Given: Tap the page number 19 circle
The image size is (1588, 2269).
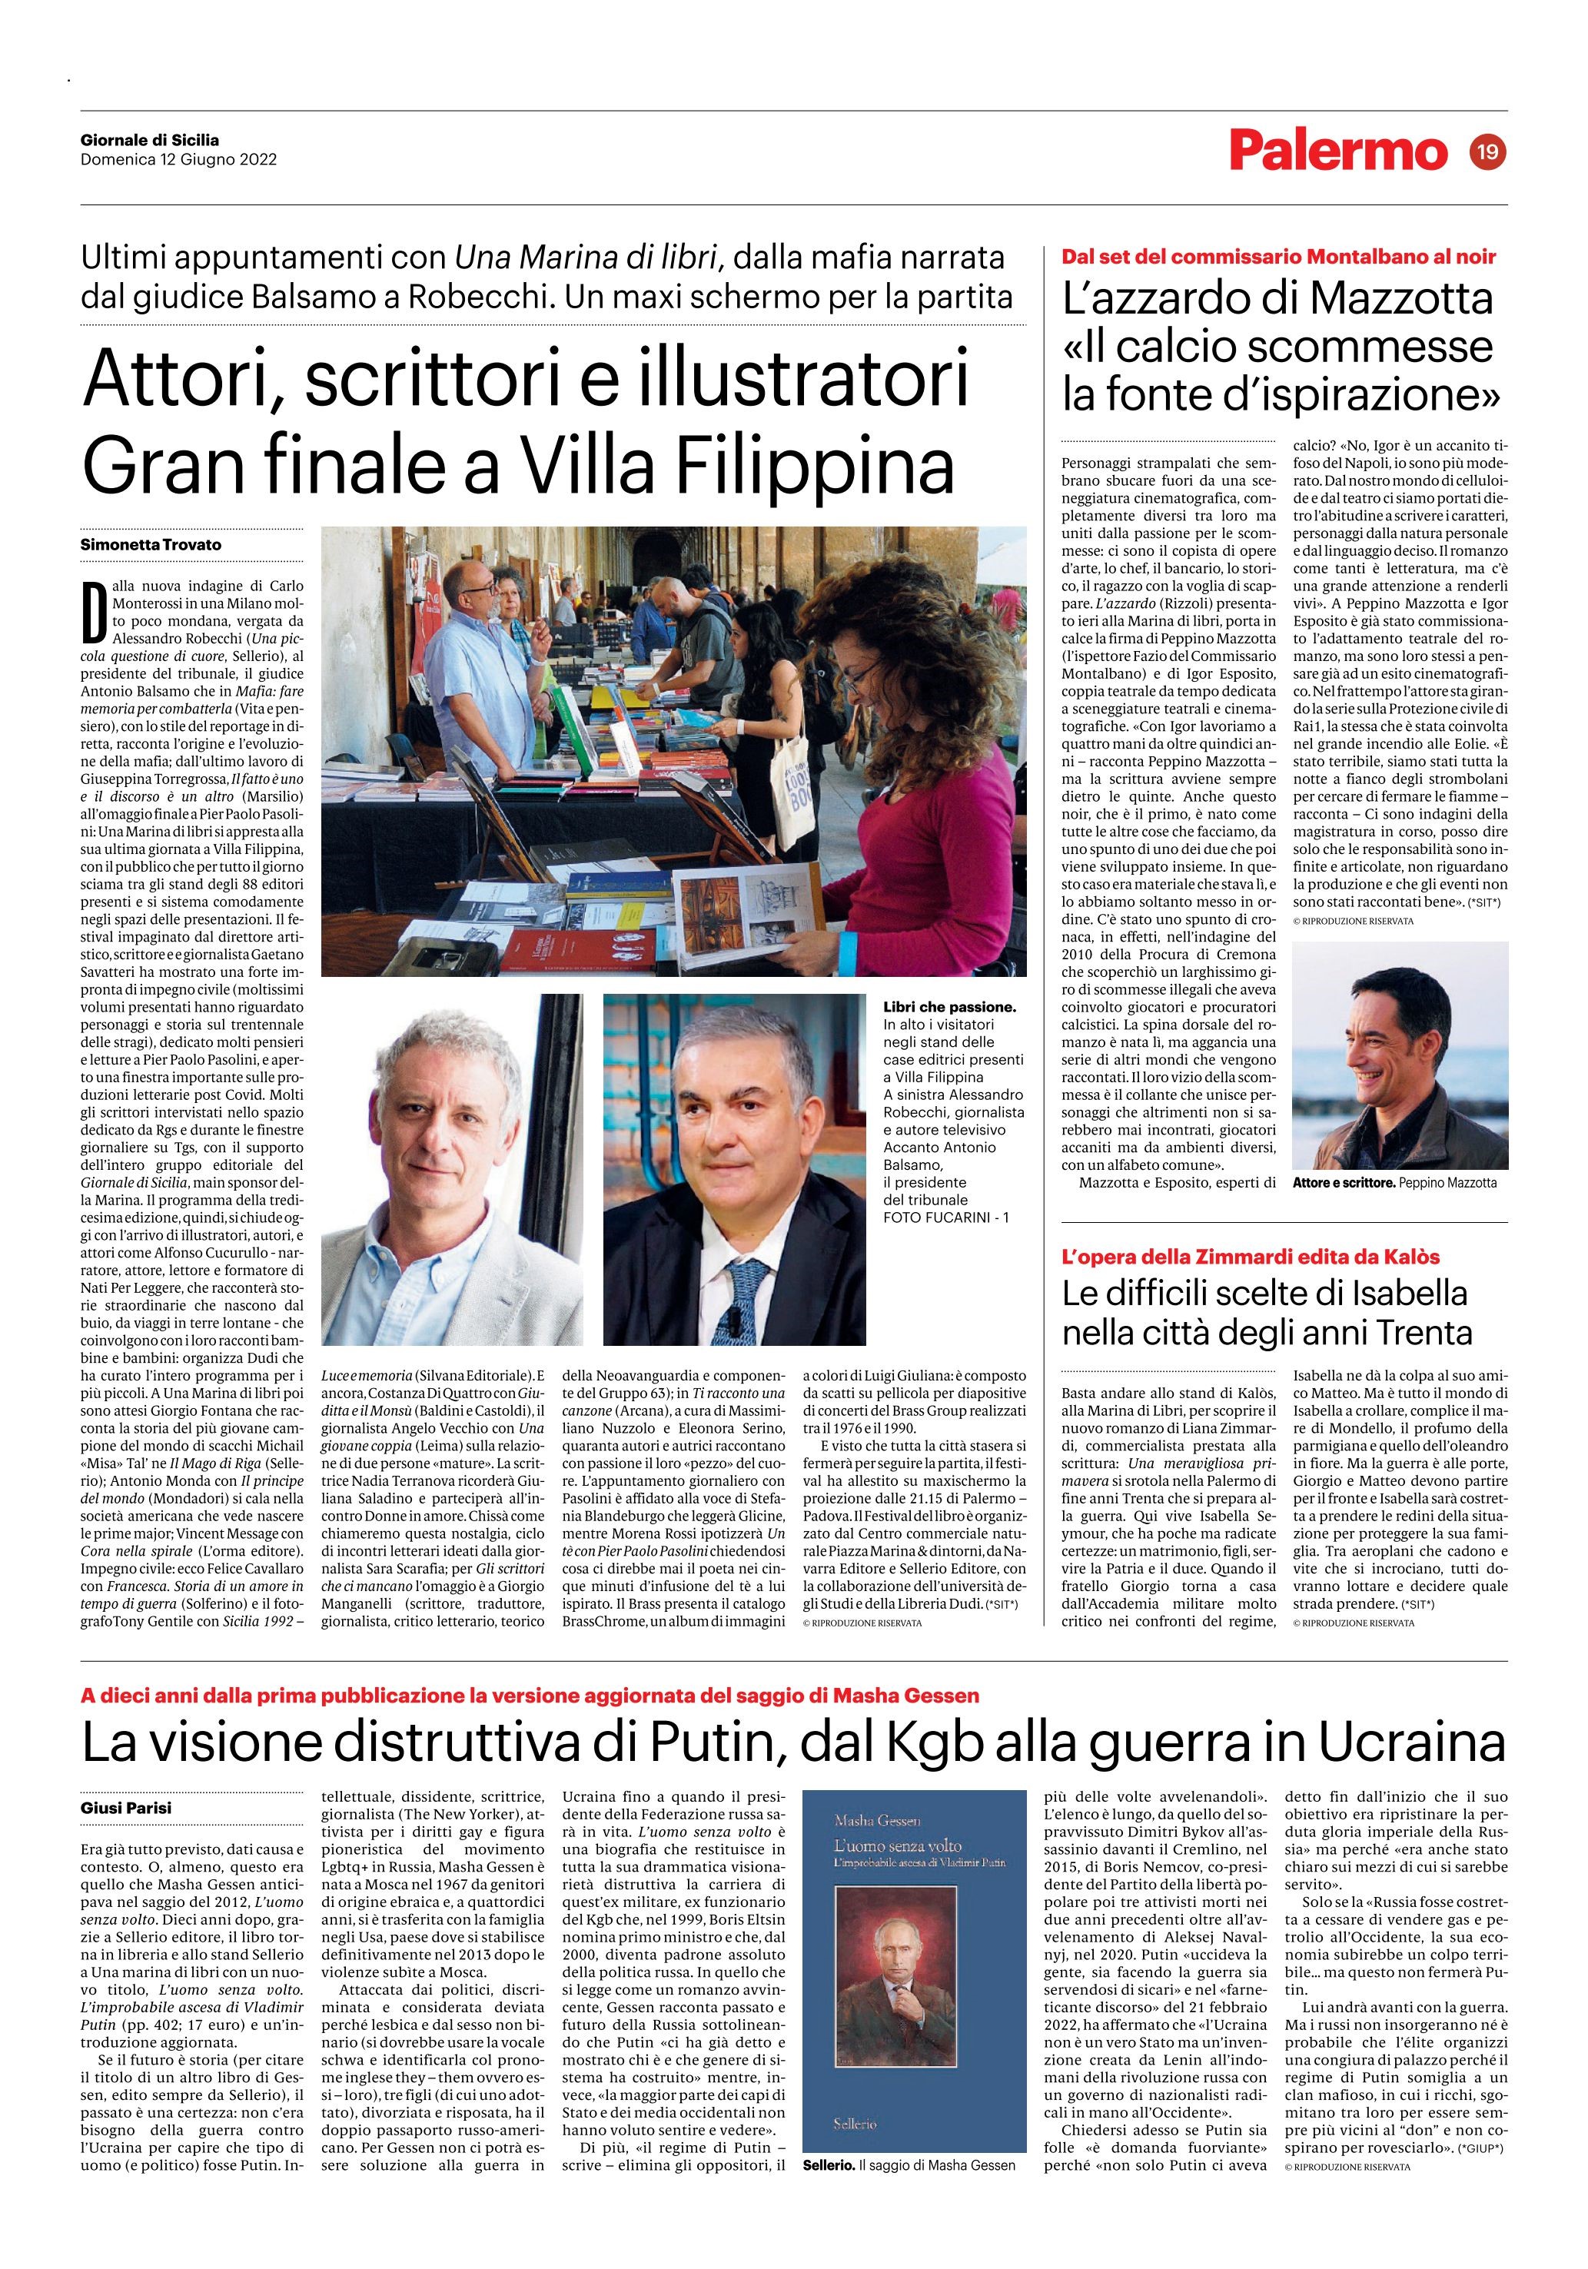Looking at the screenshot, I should tap(1487, 152).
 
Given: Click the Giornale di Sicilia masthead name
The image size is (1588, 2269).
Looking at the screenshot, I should tap(150, 141).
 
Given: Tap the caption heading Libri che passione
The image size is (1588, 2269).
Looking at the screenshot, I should tap(949, 1007).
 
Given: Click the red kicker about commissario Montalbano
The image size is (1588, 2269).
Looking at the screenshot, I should tap(1279, 257).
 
